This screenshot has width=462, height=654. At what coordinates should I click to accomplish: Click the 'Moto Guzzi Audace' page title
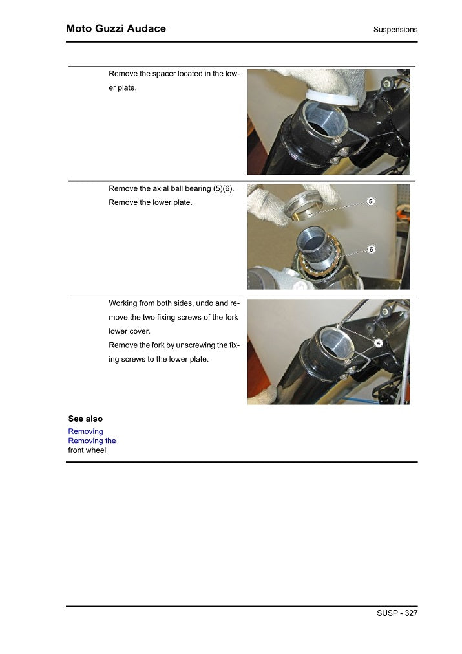116,28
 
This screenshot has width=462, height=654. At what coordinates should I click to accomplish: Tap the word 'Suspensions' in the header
395,30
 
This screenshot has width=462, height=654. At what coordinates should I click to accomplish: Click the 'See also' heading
85,419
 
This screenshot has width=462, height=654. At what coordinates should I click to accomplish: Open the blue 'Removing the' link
92,441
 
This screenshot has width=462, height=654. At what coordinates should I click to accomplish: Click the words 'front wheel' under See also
87,450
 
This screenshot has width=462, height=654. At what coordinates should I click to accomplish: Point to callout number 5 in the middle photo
371,201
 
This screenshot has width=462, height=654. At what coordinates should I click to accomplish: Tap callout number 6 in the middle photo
372,250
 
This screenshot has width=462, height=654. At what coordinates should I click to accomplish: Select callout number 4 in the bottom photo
378,342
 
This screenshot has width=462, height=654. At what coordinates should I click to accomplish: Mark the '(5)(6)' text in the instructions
221,188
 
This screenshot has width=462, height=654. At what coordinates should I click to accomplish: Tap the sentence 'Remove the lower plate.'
151,202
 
